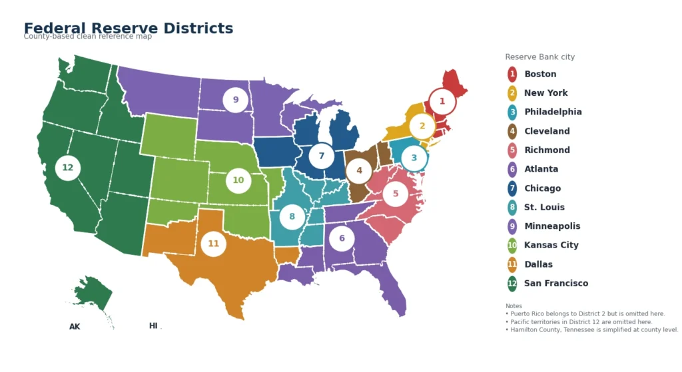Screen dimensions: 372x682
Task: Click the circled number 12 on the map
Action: point(68,168)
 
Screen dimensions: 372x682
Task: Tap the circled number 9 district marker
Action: point(235,100)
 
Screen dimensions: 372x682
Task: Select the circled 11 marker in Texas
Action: point(213,244)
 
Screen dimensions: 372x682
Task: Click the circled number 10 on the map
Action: point(238,180)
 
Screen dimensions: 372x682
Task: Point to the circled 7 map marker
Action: point(322,156)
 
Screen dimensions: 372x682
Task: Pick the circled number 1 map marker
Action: point(442,102)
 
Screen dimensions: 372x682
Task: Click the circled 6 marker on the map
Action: point(342,238)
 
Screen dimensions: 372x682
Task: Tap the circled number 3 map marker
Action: point(414,158)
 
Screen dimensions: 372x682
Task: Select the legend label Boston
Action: point(540,74)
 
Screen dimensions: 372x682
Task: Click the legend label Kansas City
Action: point(551,245)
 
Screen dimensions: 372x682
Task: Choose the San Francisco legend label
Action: point(556,283)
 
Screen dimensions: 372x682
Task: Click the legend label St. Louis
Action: point(544,207)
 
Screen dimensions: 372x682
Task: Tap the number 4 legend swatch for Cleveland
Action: point(512,131)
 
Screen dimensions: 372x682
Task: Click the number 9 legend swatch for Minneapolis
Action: point(512,226)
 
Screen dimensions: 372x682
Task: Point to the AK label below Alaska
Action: point(75,327)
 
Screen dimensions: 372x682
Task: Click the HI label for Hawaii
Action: point(153,326)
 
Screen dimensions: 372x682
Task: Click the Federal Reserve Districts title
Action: point(129,28)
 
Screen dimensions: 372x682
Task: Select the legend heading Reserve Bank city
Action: point(539,57)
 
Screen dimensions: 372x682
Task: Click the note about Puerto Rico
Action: point(585,313)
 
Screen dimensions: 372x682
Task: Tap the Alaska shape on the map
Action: point(93,293)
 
